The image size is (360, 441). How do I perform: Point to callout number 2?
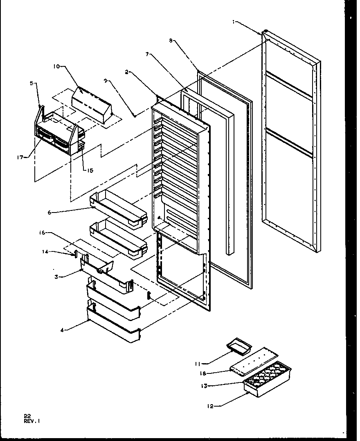pyautogui.click(x=127, y=72)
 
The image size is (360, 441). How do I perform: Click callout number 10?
pyautogui.click(x=56, y=66)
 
